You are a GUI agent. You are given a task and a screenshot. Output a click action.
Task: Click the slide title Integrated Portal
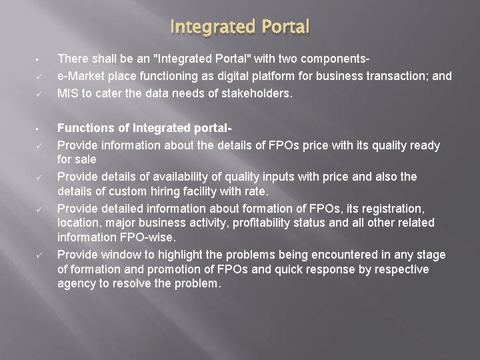[240, 27]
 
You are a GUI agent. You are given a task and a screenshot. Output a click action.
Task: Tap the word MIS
[67, 93]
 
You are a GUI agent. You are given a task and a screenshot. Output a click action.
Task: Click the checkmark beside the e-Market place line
[40, 76]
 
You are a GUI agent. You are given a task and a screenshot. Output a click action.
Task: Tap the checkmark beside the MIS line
[40, 94]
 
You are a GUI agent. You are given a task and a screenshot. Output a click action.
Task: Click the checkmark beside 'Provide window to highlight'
[40, 255]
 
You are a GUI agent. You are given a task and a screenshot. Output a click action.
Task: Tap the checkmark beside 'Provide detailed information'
[40, 209]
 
